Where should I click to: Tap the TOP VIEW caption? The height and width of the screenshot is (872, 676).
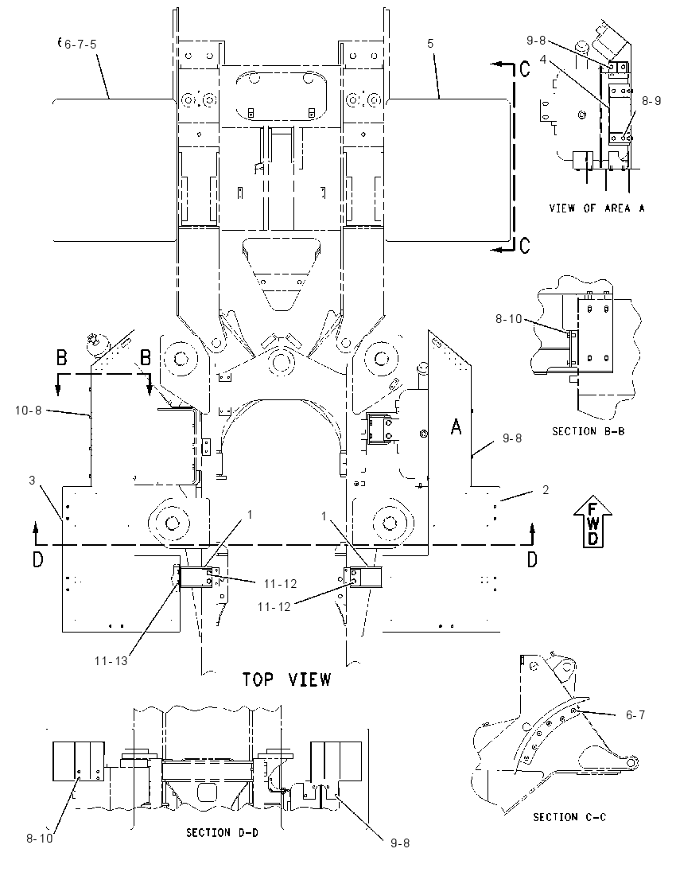click(x=287, y=679)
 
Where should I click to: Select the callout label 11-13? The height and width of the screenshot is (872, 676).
click(x=111, y=660)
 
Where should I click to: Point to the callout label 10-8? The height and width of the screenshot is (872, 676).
click(x=29, y=411)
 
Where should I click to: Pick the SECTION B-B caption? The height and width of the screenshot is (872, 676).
click(x=589, y=431)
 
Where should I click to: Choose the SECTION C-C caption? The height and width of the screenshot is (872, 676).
click(x=569, y=817)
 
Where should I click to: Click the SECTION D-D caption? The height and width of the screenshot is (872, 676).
click(x=222, y=832)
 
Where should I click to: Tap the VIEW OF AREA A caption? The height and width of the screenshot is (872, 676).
click(x=597, y=208)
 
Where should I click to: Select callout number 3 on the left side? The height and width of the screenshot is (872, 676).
click(x=33, y=480)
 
